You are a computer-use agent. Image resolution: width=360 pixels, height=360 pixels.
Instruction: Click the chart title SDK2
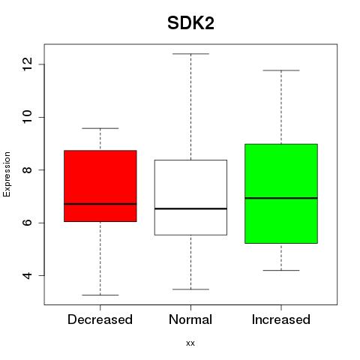point(190,23)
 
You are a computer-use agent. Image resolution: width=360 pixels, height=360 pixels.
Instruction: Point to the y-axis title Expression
point(7,174)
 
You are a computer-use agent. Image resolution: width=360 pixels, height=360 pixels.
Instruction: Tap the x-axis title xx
point(190,343)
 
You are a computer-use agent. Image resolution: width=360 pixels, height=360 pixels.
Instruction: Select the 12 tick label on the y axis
point(27,64)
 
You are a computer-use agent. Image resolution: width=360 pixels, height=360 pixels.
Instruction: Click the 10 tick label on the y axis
point(27,117)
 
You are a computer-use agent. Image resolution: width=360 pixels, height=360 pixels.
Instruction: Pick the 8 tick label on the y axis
point(27,170)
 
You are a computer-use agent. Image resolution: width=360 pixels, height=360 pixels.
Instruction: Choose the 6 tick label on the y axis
point(27,223)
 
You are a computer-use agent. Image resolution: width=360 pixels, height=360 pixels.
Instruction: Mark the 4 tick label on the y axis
point(27,275)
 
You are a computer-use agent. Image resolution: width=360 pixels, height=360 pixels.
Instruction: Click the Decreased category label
point(100,319)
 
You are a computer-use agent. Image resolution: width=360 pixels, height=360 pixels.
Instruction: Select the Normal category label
point(190,319)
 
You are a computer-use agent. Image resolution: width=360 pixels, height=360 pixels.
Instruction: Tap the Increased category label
point(281,319)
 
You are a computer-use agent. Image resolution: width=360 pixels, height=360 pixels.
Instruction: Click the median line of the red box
point(100,204)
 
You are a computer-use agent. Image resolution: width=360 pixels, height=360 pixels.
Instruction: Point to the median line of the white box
point(190,208)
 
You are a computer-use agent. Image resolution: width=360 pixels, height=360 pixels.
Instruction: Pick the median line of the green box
point(281,198)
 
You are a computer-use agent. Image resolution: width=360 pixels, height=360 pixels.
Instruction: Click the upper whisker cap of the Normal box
point(190,54)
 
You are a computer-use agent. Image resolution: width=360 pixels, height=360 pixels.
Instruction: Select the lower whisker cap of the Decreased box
point(100,295)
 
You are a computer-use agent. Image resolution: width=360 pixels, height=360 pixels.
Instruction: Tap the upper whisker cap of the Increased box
point(281,70)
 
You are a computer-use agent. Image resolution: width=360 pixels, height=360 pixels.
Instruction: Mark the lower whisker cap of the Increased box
point(281,270)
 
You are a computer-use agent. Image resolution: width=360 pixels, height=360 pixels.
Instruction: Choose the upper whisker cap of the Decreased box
point(100,128)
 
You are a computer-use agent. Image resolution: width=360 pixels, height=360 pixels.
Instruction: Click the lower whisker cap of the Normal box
point(190,289)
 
